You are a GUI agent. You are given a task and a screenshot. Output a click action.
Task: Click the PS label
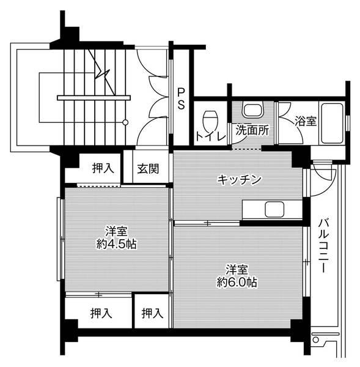coord(181,98)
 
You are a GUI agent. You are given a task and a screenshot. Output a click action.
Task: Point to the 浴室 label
coord(306,120)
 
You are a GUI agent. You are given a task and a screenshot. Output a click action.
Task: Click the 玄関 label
coord(147,168)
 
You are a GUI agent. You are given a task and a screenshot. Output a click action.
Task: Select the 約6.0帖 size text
coord(236,282)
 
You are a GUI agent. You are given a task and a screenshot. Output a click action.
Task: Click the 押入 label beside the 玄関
coord(103,168)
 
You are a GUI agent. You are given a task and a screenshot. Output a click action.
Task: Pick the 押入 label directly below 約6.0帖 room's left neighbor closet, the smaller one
coord(152,314)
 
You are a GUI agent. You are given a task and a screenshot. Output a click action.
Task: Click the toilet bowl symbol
coord(210,117)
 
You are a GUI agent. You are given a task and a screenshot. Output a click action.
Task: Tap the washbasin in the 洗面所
coord(251,110)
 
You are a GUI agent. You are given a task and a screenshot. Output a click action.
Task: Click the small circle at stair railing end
coord(125,122)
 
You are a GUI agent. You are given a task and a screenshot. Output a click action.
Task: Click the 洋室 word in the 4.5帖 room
coord(116,231)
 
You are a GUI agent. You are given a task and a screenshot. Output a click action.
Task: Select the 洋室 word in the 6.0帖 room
coord(236,269)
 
